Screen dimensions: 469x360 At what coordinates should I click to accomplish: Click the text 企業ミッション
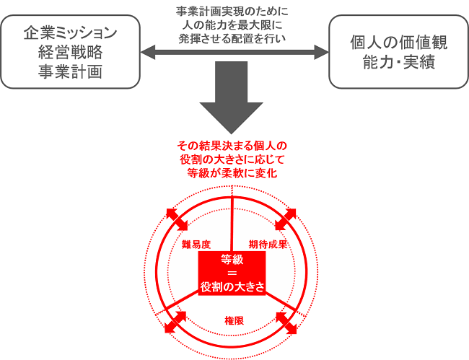tap(70, 33)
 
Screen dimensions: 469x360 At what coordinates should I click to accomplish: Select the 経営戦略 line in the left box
tap(70, 53)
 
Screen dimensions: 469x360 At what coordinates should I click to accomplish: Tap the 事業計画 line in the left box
tap(70, 71)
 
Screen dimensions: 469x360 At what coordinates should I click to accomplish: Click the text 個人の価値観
tap(399, 42)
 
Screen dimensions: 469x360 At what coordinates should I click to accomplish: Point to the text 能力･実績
tap(399, 62)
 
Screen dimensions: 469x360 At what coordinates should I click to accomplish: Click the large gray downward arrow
tap(231, 97)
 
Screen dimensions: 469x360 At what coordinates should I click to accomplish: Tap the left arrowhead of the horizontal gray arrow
tap(148, 53)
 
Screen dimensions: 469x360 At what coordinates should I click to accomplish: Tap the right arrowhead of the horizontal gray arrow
tap(322, 53)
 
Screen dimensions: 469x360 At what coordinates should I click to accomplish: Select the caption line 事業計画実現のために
tap(232, 12)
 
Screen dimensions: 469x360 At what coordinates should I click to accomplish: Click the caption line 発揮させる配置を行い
tap(232, 38)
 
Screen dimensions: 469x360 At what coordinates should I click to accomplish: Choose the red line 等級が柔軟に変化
tap(232, 173)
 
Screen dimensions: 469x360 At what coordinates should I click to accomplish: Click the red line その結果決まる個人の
tap(232, 146)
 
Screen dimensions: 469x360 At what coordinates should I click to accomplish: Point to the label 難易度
tap(196, 245)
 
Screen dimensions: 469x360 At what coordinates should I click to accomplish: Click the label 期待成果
tap(268, 245)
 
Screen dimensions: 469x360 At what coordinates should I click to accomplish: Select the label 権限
tap(234, 321)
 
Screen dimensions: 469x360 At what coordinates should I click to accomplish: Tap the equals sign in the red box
tap(232, 273)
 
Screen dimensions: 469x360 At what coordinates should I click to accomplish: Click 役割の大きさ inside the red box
tap(232, 287)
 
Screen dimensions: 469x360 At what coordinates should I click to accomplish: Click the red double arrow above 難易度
tap(177, 220)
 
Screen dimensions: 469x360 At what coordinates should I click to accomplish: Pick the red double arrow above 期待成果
tap(285, 219)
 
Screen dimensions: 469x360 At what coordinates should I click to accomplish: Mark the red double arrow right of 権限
tap(286, 323)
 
